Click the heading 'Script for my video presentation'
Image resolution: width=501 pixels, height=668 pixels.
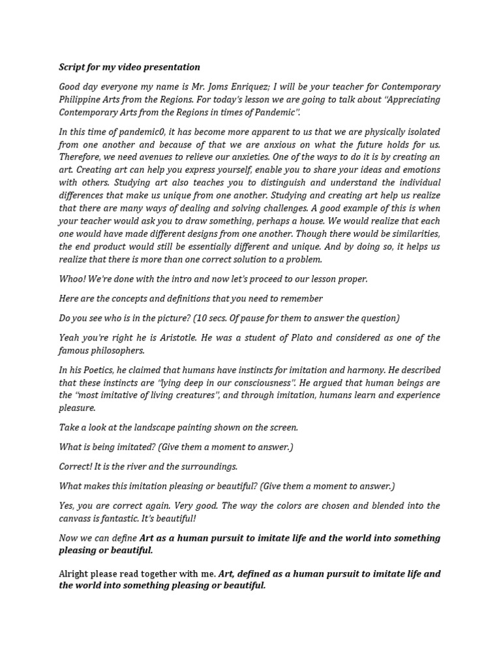click(x=129, y=67)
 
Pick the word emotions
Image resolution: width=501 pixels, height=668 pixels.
click(x=419, y=170)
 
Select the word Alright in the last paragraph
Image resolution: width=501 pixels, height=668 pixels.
click(x=73, y=574)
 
